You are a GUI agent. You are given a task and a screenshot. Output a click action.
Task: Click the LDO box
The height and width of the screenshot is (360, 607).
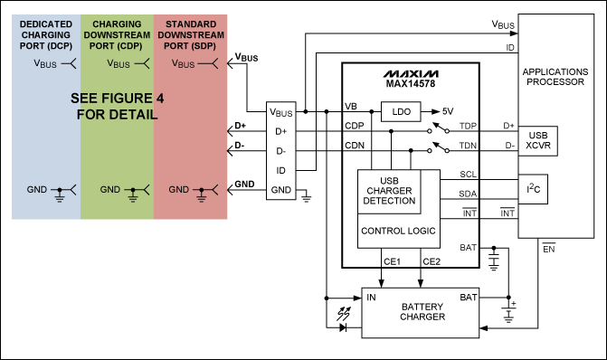399,111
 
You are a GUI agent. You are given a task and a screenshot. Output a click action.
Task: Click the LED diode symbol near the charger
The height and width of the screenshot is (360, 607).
344,327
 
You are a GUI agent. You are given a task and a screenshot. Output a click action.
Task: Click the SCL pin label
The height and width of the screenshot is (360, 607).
468,174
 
